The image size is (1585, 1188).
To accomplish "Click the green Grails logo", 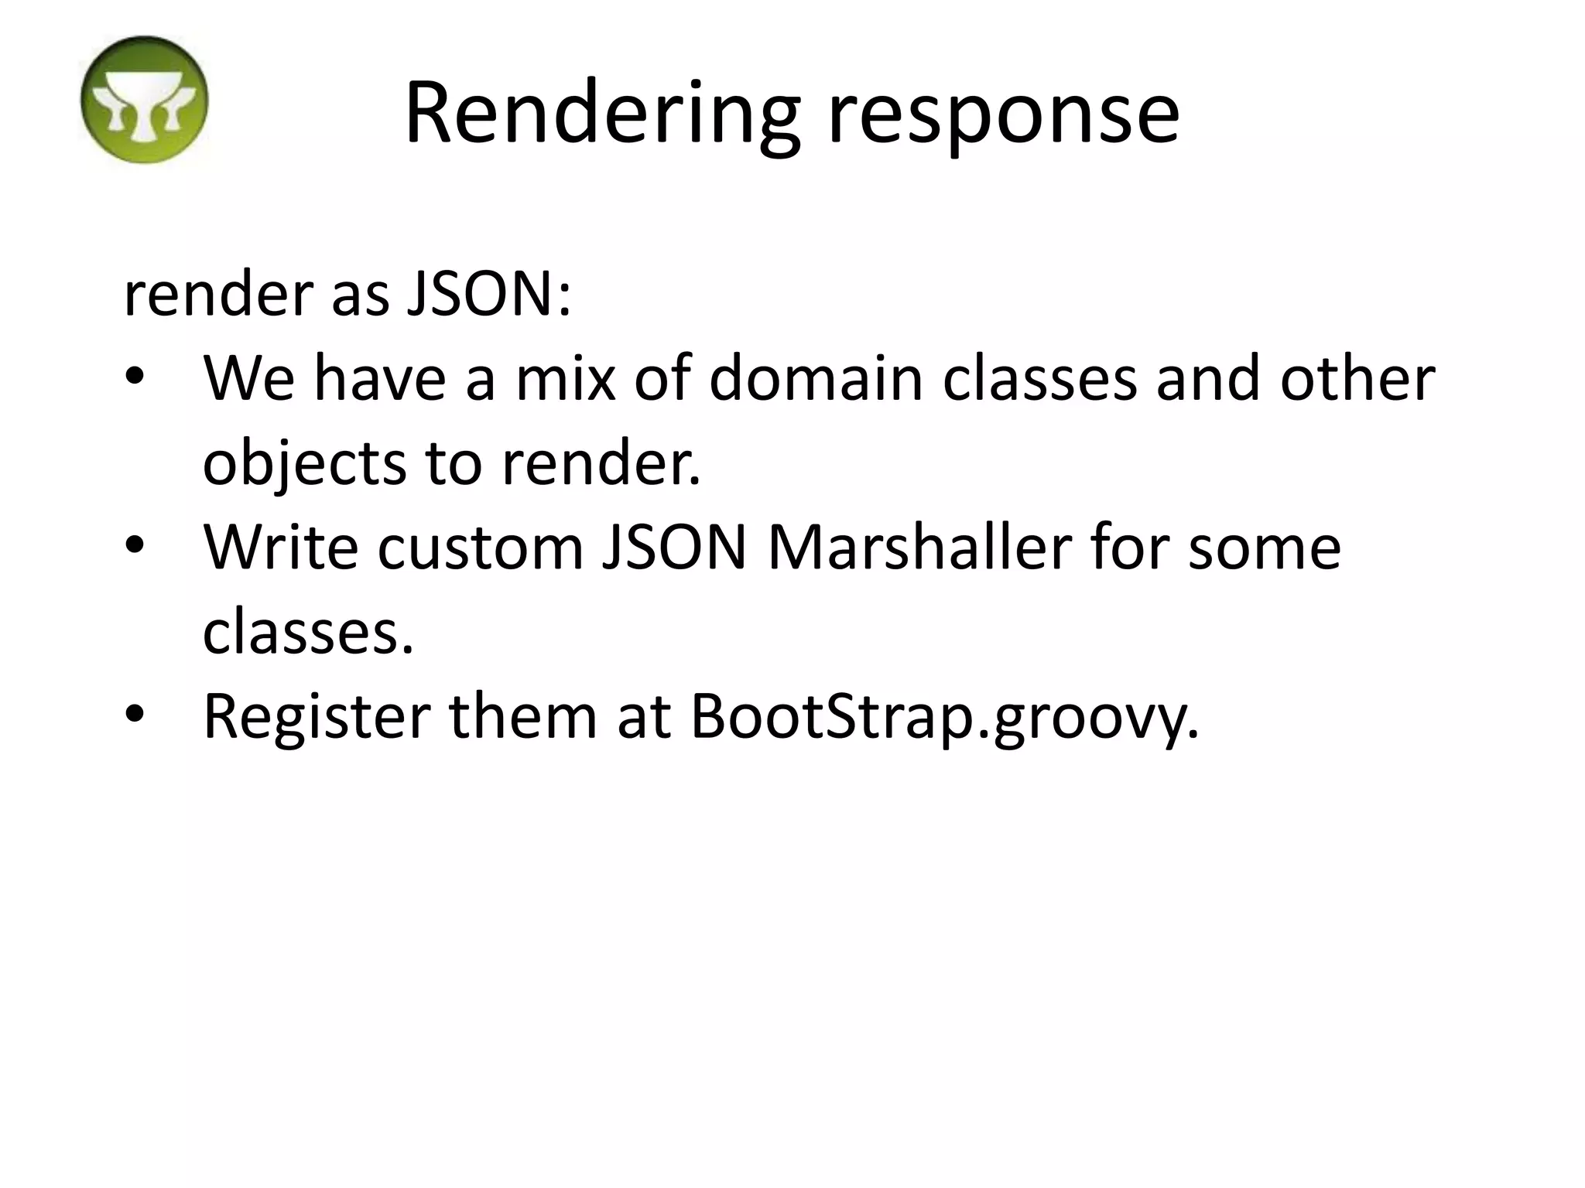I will pyautogui.click(x=144, y=100).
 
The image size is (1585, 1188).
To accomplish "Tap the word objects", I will pyautogui.click(x=304, y=464).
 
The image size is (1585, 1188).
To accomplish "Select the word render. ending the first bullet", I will pyautogui.click(x=601, y=464).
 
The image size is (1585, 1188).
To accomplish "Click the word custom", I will pyautogui.click(x=481, y=548).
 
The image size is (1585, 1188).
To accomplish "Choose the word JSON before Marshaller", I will pyautogui.click(x=675, y=548).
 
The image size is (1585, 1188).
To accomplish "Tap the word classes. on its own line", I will pyautogui.click(x=308, y=632).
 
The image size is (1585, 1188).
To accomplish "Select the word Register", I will pyautogui.click(x=317, y=718).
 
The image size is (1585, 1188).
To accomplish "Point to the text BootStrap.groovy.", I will pyautogui.click(x=944, y=718).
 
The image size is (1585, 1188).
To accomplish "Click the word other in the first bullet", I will pyautogui.click(x=1357, y=379).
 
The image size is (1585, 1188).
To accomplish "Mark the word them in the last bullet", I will pyautogui.click(x=523, y=716).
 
